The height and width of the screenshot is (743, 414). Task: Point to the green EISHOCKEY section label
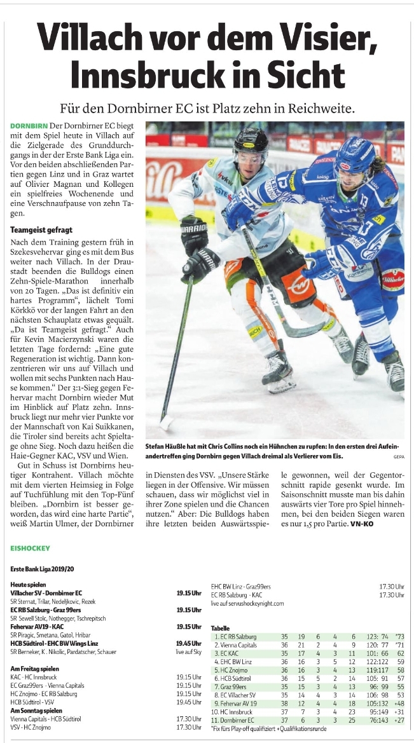click(x=32, y=547)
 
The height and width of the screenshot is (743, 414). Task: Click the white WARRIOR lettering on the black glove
click(x=194, y=228)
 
